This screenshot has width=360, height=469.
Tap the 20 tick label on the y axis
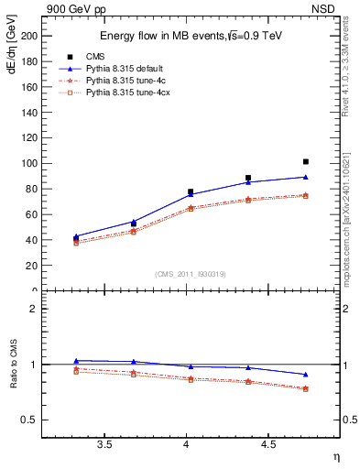pos(31,266)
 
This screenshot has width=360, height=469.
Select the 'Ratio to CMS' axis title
pos(12,365)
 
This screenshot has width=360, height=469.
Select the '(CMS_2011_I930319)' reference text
pos(191,272)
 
